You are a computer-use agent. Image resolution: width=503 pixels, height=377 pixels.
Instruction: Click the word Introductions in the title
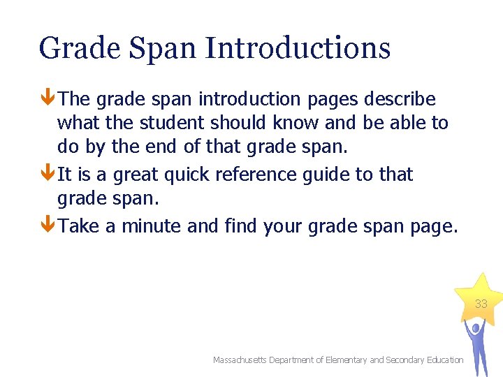[x=298, y=48]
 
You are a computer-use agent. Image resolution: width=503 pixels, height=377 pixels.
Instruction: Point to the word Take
[x=79, y=226]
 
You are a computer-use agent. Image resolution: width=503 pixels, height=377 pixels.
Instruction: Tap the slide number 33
[x=481, y=304]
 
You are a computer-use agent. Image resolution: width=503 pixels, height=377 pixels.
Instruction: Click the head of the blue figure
[x=476, y=326]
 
